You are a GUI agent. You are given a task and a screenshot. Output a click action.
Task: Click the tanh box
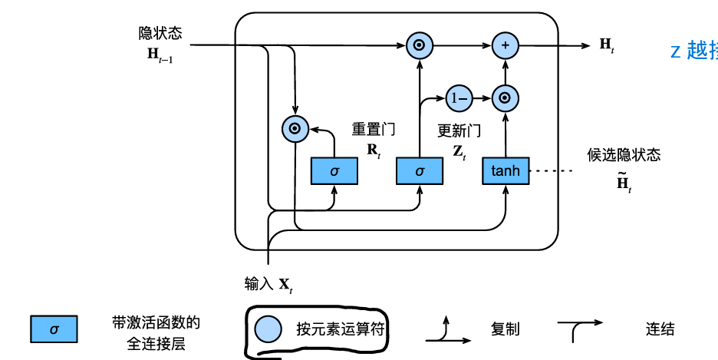(506, 171)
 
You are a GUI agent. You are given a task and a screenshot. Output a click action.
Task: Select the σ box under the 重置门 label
(334, 171)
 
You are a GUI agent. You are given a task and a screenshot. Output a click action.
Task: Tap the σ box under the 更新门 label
(420, 171)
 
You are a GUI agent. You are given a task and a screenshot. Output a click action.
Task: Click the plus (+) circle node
(505, 45)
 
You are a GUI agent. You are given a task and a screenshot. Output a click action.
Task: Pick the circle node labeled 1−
(458, 97)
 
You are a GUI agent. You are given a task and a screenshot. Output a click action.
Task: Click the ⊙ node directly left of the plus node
(419, 45)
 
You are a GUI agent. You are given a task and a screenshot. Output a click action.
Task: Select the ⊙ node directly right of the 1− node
(505, 97)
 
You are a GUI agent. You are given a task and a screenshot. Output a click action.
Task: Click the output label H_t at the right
(607, 45)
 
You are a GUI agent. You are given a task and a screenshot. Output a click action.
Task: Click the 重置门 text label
(374, 130)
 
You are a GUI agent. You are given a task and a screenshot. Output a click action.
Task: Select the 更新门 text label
(459, 130)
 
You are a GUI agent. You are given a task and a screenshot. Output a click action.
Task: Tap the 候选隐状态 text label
(624, 155)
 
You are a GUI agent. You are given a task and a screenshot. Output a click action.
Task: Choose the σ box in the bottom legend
(54, 329)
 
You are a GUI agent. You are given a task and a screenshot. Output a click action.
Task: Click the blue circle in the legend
(269, 329)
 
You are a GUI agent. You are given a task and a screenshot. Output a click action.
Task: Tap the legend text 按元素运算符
(340, 329)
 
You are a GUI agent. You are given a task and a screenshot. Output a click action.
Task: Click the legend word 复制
(505, 329)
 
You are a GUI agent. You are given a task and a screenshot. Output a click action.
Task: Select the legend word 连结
(660, 329)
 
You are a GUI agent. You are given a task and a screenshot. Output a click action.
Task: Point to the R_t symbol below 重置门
(374, 150)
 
